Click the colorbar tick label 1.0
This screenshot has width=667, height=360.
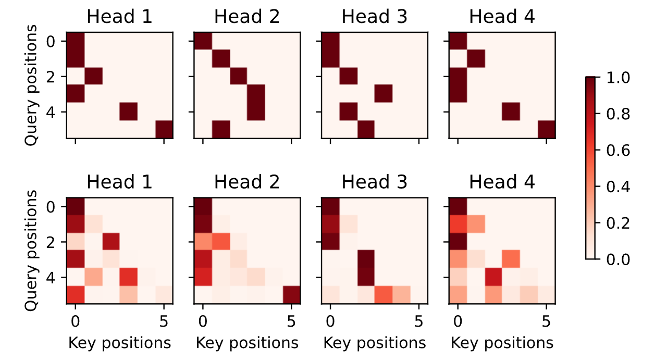[x=619, y=78]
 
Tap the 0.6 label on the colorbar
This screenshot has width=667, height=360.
[x=619, y=151]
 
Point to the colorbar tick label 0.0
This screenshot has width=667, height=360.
[x=619, y=259]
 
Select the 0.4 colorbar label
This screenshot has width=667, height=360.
[x=619, y=187]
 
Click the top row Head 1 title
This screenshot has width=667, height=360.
[x=119, y=17]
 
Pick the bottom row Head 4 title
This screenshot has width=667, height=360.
[x=502, y=182]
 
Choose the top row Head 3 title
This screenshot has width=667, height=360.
[x=374, y=17]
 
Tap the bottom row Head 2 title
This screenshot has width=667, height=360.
[x=247, y=182]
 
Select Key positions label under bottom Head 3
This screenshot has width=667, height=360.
[x=375, y=342]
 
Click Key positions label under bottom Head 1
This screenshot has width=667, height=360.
[x=119, y=342]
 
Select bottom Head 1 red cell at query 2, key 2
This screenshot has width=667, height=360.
[x=111, y=242]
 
